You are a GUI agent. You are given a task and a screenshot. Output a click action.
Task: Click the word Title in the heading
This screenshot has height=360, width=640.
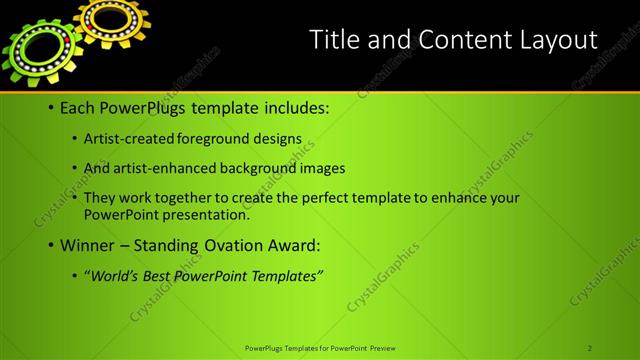(x=334, y=39)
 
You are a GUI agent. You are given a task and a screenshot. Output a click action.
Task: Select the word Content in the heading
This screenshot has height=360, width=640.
(x=455, y=39)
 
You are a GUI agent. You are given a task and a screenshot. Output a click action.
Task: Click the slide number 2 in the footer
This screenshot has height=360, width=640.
(x=590, y=348)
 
